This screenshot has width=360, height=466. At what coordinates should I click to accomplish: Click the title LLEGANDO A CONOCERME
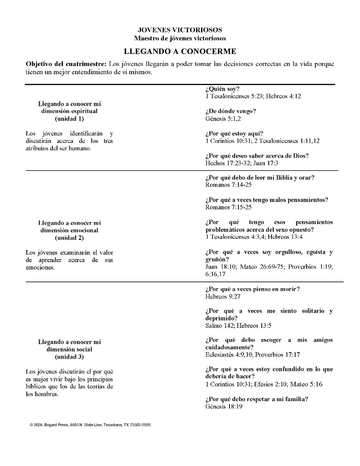[x=180, y=51]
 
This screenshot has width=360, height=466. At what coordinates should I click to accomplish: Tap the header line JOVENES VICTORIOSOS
[x=180, y=30]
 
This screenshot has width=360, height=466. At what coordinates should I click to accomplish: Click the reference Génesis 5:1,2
[x=223, y=118]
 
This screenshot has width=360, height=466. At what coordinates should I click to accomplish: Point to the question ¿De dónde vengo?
[x=231, y=111]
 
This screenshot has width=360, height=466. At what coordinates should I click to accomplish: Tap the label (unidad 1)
[x=69, y=118]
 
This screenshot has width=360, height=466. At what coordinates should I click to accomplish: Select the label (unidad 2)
[x=69, y=237]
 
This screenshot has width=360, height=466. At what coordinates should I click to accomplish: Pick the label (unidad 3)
[x=69, y=356]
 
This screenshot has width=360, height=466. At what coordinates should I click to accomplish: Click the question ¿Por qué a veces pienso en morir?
[x=252, y=289]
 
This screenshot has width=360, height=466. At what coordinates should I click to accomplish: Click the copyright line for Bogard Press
[x=90, y=425]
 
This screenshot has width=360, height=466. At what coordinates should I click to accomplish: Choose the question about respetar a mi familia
[x=257, y=400]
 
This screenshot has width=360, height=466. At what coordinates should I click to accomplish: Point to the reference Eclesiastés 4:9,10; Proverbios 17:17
[x=252, y=355]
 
